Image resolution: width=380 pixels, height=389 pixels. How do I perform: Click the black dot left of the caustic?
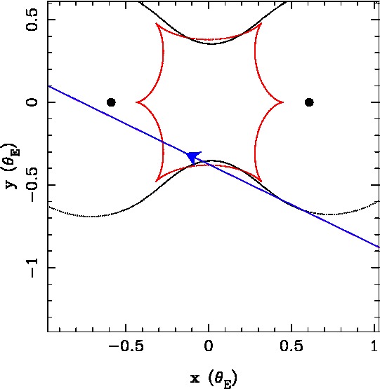111,102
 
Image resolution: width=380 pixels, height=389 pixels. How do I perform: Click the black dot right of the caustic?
309,102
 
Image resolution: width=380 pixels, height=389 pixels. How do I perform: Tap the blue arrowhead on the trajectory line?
193,157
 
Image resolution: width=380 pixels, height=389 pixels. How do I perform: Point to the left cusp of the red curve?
136,102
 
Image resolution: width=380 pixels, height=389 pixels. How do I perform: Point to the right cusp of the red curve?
283,102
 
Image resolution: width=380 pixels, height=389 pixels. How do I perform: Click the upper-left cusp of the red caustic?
156,24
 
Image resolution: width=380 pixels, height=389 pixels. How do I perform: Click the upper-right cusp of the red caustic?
261,24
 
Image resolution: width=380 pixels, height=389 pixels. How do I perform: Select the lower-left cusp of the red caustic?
156,182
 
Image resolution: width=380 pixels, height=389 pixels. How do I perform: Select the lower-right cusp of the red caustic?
261,182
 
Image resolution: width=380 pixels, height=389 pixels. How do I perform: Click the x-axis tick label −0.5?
126,346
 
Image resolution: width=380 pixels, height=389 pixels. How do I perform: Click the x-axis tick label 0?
209,346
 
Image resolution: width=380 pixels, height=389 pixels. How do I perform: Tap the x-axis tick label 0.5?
291,346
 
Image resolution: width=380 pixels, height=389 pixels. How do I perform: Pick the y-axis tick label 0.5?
32,20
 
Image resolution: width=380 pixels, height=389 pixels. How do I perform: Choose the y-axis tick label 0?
32,102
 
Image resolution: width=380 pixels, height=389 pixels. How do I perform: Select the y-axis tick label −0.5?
32,185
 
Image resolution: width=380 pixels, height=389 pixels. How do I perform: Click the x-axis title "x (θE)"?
214,378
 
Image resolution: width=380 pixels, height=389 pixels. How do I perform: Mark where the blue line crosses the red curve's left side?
163,142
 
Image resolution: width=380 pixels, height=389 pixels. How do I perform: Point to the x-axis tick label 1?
374,346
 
